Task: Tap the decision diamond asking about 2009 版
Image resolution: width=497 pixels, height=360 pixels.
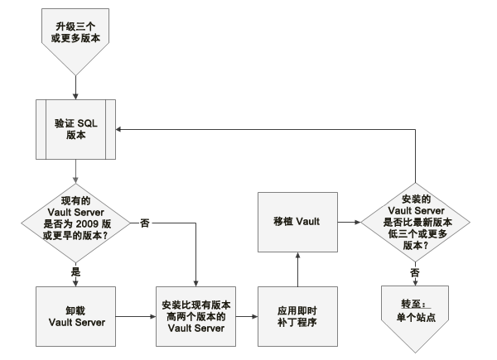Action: click(x=75, y=223)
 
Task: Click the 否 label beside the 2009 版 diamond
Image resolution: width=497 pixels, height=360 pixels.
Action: click(x=145, y=223)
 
